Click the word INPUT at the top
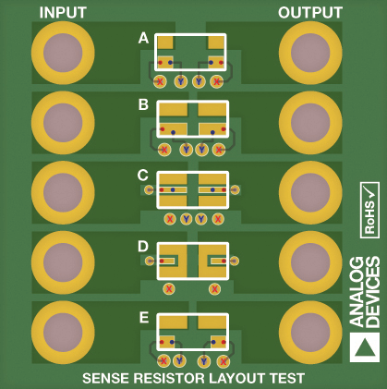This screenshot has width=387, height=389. pos(63,13)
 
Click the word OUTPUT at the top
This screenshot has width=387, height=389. pos(310,13)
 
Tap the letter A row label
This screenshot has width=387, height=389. pos(143,39)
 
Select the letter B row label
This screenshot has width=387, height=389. pos(143,104)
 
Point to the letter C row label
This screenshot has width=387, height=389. pos(143,175)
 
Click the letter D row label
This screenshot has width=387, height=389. pos(143,246)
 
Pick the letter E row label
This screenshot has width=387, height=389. pos(143,317)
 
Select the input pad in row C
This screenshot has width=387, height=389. pos(63,192)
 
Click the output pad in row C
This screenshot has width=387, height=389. pos(310,192)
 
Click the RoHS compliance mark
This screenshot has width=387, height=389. pos(369,210)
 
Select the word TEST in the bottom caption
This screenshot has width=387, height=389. pos(285,378)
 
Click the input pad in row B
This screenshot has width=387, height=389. pos(63,123)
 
